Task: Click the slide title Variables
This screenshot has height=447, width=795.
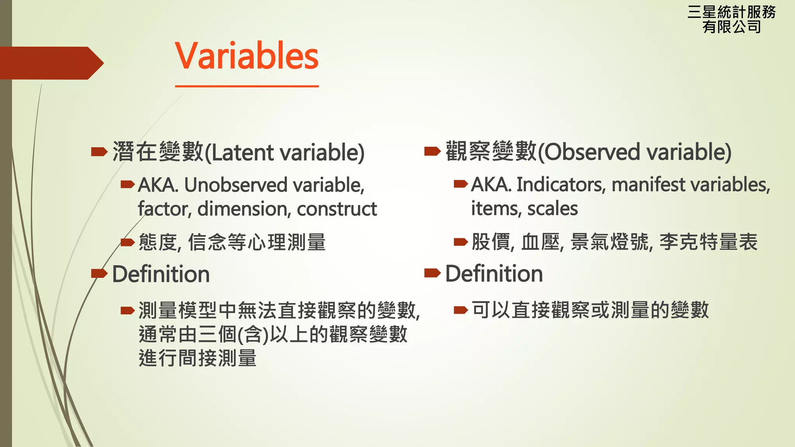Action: [246, 56]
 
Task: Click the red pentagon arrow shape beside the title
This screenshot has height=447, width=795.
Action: [50, 63]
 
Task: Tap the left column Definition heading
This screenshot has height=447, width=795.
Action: [161, 274]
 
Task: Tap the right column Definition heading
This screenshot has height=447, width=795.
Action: [494, 274]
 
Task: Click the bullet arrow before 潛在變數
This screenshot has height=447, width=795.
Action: [99, 152]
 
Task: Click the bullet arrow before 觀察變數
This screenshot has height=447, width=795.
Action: [432, 151]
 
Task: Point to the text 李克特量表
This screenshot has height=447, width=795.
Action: [708, 242]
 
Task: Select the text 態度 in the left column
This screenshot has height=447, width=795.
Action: [158, 243]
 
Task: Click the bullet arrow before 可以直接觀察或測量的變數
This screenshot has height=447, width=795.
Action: [461, 310]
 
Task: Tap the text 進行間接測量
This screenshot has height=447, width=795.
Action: [198, 358]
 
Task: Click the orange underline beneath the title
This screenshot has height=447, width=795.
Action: [246, 86]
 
